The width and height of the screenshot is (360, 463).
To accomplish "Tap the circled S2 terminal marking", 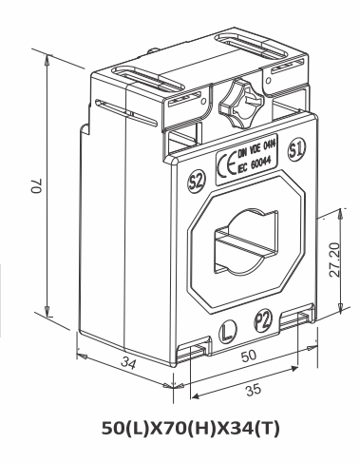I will tap(198, 180).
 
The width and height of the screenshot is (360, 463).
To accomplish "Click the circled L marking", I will tap(226, 333).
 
